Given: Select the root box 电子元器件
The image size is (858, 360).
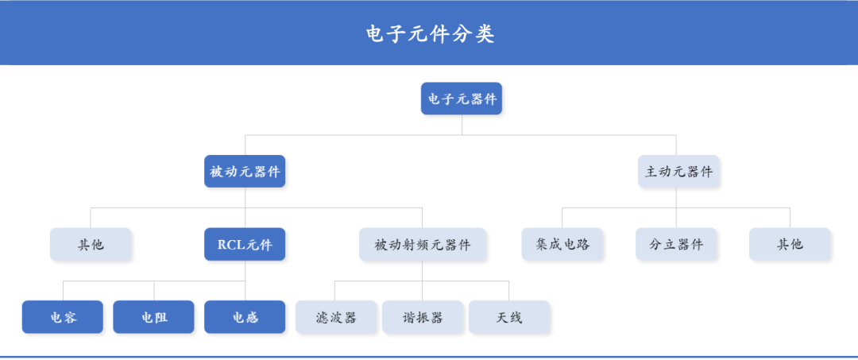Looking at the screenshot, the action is coord(462,99).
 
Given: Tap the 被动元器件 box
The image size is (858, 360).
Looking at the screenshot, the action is coord(245,172).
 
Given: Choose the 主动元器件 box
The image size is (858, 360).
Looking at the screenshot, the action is coord(678,172).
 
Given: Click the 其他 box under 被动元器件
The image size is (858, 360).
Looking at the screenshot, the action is coord(91,245).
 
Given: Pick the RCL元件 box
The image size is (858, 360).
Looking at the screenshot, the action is coord(245,245).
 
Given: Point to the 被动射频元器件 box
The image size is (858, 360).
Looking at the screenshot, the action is coord(422,245).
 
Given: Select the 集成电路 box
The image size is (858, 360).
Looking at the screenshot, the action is coord(562,245).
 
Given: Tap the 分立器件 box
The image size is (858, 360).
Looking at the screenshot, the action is coord(676,245).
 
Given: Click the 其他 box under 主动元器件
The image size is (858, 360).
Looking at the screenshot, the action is coord(790,245).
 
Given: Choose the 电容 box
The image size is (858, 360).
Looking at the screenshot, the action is coord(63,317).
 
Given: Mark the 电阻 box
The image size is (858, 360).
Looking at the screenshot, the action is coord(154,317).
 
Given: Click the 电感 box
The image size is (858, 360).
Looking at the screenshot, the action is coord(245,317).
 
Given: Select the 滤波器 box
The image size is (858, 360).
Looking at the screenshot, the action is coord(335,317).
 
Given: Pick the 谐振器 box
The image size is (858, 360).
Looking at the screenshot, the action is coord(422,317).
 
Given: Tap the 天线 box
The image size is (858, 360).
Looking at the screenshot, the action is coord(508,317).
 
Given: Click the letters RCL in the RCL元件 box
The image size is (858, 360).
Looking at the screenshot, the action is coord(230,245).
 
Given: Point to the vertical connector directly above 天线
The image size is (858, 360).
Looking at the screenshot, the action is coord(508,291).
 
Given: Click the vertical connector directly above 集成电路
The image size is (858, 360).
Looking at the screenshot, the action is coord(562,219).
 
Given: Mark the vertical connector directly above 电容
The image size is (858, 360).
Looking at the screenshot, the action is coord(63,291).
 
